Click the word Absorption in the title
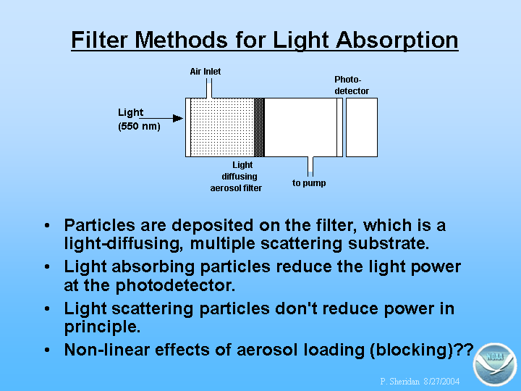point(397,41)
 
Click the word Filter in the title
point(99,40)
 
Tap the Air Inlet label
point(206,72)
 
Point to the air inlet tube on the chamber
point(209,88)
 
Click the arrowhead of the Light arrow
point(178,118)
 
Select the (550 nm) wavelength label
point(139,126)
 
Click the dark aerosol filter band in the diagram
point(259,127)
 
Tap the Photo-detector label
point(352,85)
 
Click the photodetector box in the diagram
point(362,127)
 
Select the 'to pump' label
point(309,183)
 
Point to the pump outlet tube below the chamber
point(310,167)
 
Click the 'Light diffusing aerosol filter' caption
point(236,177)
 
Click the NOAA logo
point(495,364)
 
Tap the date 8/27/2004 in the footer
point(441,381)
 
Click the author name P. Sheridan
point(399,381)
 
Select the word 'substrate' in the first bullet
point(389,243)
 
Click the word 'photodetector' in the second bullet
point(175,285)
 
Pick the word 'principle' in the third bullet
point(102,327)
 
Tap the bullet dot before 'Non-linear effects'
point(47,350)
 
